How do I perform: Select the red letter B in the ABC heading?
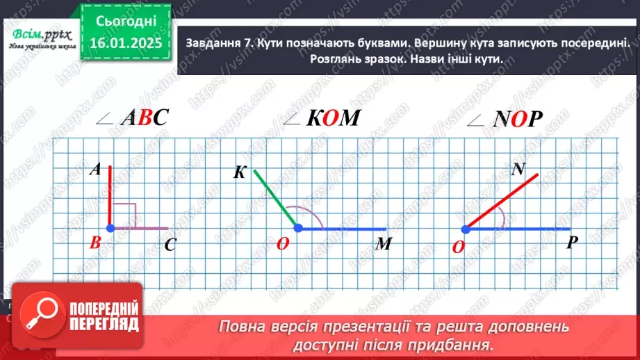point(144,119)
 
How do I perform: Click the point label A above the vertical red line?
point(97,169)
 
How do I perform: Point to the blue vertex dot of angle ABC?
point(110,227)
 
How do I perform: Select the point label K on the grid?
point(240,172)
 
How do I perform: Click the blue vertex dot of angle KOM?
point(297,227)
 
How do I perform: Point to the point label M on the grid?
point(384,244)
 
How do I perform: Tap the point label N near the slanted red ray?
point(518,169)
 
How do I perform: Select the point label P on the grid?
point(573,243)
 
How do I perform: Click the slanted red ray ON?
point(502,200)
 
